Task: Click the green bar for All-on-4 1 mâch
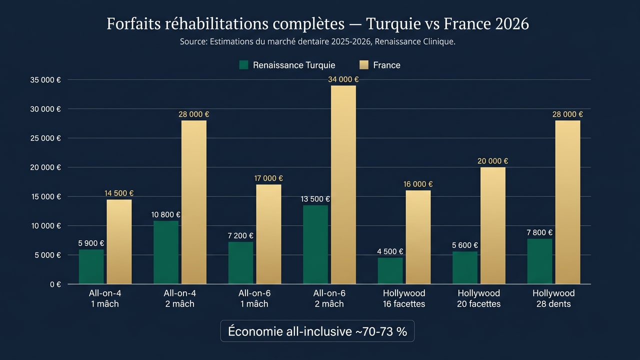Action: [91, 266]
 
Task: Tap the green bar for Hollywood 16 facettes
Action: [390, 270]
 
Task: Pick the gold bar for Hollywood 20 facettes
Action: [492, 225]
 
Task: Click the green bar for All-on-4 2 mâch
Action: [166, 252]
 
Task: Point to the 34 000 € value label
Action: [343, 79]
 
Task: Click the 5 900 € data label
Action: [91, 243]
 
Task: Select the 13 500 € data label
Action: [315, 199]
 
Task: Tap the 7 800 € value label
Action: [539, 232]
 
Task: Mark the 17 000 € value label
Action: [268, 178]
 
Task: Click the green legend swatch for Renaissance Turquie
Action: [244, 65]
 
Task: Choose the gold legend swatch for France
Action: [364, 65]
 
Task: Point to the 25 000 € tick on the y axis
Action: [45, 138]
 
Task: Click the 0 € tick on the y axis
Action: [54, 284]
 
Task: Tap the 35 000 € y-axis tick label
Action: [45, 80]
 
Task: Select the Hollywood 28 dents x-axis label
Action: [553, 298]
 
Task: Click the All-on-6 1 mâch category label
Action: [254, 298]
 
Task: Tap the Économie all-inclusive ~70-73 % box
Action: [317, 331]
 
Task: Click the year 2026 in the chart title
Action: [511, 24]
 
